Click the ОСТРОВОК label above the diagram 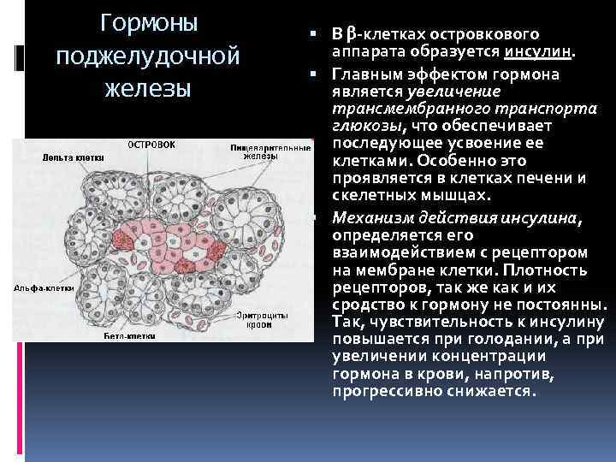(151, 145)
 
